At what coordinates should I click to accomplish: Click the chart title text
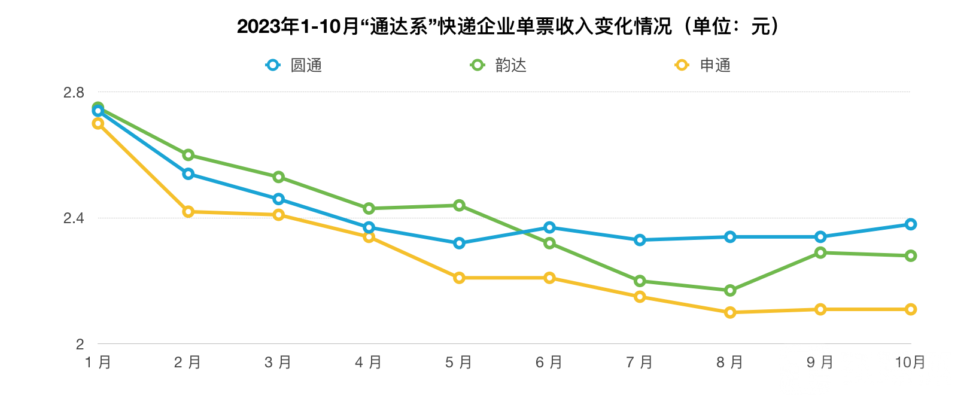point(509,26)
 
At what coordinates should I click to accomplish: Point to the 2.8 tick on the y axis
point(74,92)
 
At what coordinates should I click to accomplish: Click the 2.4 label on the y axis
point(74,218)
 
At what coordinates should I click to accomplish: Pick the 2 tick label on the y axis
point(80,344)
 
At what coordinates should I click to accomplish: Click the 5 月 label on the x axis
point(459,363)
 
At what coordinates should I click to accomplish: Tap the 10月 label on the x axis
point(910,363)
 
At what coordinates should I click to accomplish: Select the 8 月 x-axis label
point(730,363)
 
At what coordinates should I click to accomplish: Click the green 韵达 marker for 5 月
point(459,205)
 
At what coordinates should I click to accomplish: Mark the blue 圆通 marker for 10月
point(910,224)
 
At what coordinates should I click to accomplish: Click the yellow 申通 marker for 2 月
point(188,212)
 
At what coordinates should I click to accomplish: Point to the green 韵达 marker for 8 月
point(730,291)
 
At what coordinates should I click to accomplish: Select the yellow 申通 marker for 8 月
point(730,312)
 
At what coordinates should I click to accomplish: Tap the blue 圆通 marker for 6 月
point(549,227)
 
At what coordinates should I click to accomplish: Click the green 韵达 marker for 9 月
point(820,253)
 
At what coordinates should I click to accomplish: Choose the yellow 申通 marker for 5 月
point(459,278)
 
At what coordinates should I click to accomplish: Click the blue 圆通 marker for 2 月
point(188,174)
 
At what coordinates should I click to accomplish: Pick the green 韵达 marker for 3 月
point(278,177)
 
